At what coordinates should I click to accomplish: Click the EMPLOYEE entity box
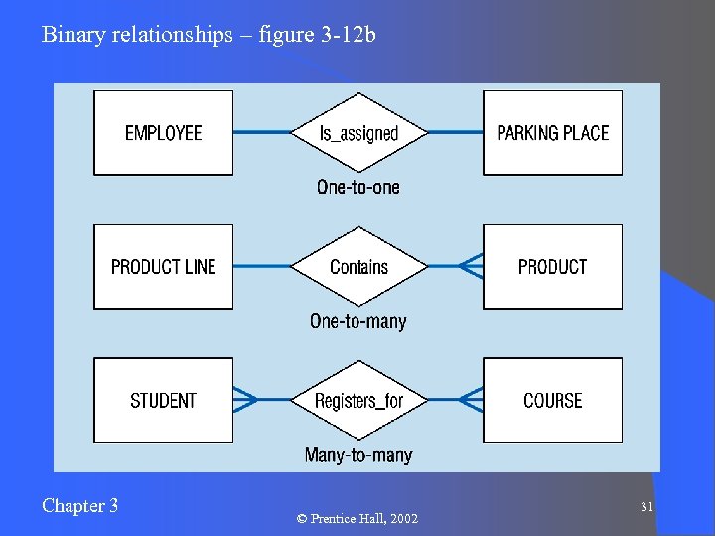163,133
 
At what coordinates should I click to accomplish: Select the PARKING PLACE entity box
552,133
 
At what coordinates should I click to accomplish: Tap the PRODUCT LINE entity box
163,267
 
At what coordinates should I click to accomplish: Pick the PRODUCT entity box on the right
552,267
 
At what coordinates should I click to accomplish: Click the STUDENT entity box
163,401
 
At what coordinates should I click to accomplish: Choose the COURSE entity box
552,401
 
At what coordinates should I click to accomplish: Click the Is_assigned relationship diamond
358,133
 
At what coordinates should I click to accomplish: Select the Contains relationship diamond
358,267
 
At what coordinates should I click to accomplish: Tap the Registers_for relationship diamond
358,401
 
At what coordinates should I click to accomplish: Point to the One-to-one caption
358,187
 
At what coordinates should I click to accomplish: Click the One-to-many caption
358,321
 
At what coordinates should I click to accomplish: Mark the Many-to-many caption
358,455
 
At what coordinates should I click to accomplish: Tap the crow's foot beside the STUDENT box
245,400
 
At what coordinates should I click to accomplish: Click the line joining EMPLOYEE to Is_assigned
261,132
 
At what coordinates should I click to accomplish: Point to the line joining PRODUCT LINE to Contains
261,266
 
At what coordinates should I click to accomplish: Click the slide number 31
646,507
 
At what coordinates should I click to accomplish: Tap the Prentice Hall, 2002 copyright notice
357,519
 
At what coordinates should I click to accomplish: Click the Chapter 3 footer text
80,506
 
